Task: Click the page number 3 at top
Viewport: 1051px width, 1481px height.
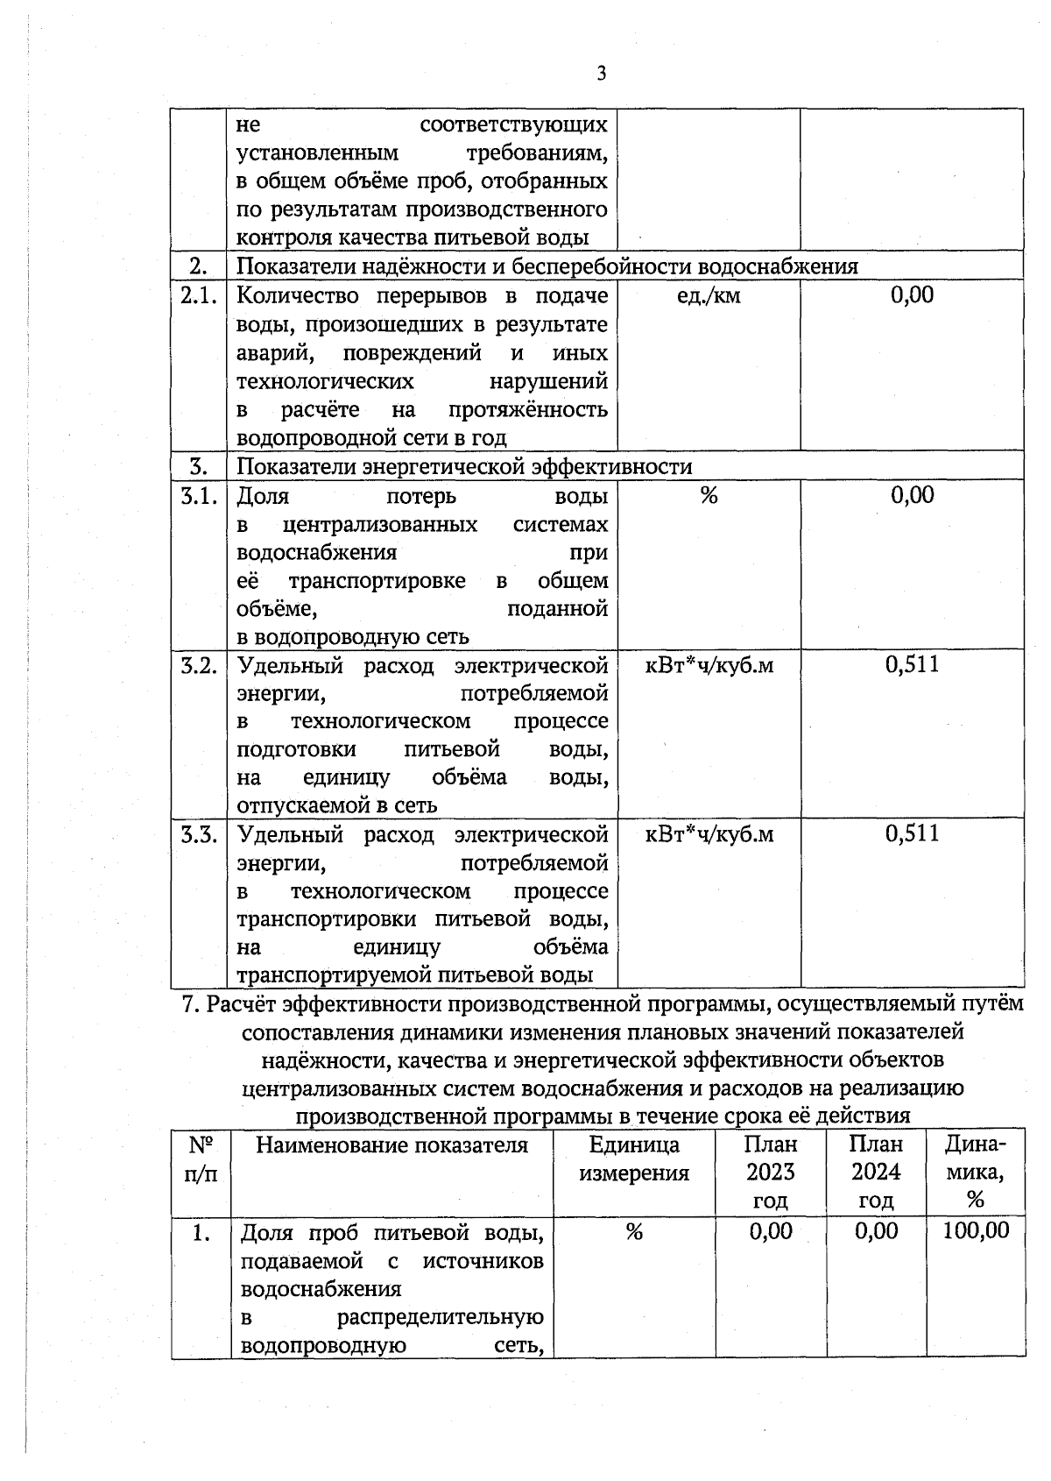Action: click(x=601, y=74)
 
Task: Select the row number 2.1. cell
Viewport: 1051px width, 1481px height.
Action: click(x=198, y=295)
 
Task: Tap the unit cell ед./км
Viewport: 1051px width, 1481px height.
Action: click(x=709, y=296)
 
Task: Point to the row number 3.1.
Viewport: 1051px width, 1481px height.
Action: click(x=198, y=496)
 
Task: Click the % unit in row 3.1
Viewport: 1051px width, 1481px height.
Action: click(x=709, y=496)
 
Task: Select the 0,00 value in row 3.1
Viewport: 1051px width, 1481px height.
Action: click(x=912, y=496)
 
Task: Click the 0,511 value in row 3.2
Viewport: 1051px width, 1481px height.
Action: click(x=912, y=664)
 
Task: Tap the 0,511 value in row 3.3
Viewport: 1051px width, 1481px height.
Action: click(x=912, y=833)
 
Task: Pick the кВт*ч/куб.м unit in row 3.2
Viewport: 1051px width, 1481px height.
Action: click(x=709, y=665)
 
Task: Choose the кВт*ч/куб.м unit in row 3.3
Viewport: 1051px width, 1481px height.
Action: click(x=709, y=834)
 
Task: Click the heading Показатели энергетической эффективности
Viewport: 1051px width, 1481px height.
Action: click(x=464, y=467)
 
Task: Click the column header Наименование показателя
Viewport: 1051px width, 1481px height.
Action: click(x=391, y=1145)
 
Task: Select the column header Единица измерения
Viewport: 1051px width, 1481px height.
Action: click(x=634, y=1159)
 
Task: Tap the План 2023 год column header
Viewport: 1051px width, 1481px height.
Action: click(x=771, y=1173)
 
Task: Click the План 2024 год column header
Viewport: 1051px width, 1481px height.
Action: click(x=876, y=1173)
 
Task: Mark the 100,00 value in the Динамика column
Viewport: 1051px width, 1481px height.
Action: click(x=976, y=1231)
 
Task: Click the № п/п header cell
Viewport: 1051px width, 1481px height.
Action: click(x=201, y=1159)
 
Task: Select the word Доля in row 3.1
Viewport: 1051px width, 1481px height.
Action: click(x=263, y=497)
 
